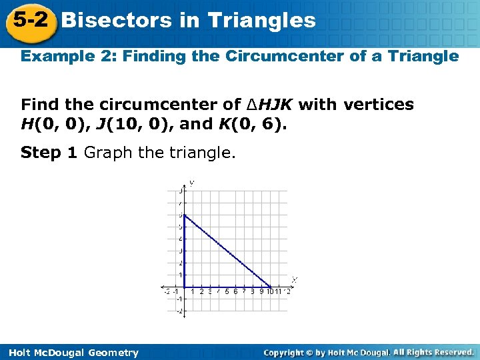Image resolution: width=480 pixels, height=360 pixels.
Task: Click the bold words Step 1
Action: pos(49,153)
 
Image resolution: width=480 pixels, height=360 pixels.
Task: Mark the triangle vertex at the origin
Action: pos(184,287)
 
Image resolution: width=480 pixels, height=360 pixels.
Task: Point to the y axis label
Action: pos(192,182)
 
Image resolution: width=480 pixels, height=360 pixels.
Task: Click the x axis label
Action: pos(295,279)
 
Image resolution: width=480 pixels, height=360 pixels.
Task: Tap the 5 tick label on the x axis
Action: pos(227,291)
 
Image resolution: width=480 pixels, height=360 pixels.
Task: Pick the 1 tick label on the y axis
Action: pos(179,275)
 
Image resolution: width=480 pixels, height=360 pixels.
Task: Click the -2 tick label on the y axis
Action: pos(179,311)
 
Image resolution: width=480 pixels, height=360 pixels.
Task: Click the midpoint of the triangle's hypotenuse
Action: pos(227,251)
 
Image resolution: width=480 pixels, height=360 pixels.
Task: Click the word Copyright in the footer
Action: pos(283,352)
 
